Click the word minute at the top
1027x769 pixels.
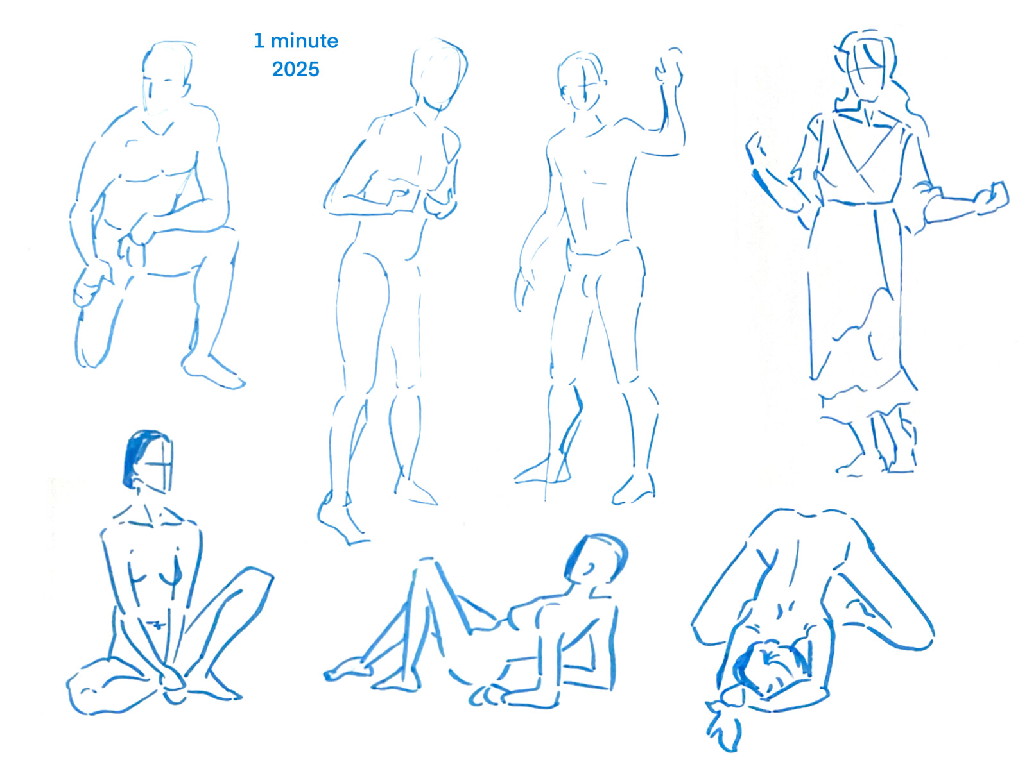click(x=304, y=41)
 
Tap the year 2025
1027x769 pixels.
click(x=295, y=69)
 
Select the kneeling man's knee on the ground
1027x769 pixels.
click(x=90, y=350)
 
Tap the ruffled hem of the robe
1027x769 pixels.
click(x=867, y=388)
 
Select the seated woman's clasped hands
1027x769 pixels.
click(x=172, y=680)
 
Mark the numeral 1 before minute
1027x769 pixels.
click(x=259, y=41)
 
